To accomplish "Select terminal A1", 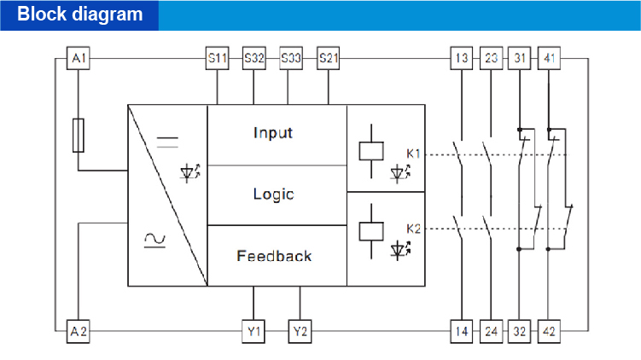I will [x=79, y=59].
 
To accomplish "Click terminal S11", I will [x=218, y=59].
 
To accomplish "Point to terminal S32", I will [x=254, y=59].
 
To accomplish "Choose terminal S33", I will [x=290, y=59].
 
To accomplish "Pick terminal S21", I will [x=328, y=59].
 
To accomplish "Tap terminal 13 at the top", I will [x=461, y=59].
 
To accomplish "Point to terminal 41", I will [x=550, y=59].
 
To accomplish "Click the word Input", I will [x=273, y=133].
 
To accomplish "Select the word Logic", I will [x=273, y=195].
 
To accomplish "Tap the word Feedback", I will [x=274, y=256].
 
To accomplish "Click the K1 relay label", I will [x=413, y=154].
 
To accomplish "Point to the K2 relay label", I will [x=413, y=229].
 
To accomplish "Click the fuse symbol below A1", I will [x=79, y=135].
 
